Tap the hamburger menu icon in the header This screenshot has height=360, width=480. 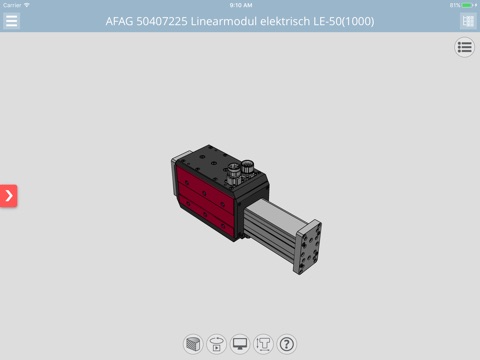coord(11,21)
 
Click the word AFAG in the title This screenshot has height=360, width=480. coord(119,21)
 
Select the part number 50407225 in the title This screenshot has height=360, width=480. coord(162,21)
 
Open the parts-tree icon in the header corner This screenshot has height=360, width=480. coord(468,21)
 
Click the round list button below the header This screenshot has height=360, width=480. coord(464,47)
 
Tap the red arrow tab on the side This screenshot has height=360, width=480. coord(9,196)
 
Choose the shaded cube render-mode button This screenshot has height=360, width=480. coord(193,344)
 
